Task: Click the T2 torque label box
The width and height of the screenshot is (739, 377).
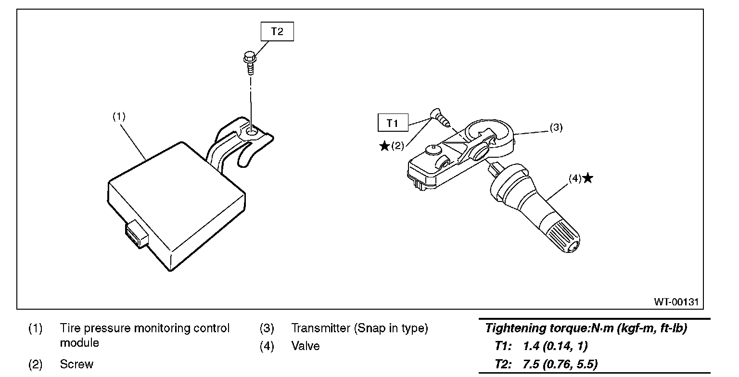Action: click(x=277, y=32)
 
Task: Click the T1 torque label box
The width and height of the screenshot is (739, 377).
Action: click(x=392, y=123)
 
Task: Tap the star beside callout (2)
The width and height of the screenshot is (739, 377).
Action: click(x=384, y=146)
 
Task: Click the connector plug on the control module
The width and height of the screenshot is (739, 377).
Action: click(x=137, y=236)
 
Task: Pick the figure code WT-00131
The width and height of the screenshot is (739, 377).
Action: click(x=675, y=302)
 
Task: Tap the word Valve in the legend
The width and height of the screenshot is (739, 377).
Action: click(x=305, y=346)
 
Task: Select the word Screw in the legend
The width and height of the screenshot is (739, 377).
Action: click(x=76, y=364)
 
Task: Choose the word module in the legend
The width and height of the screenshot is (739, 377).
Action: click(x=79, y=343)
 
